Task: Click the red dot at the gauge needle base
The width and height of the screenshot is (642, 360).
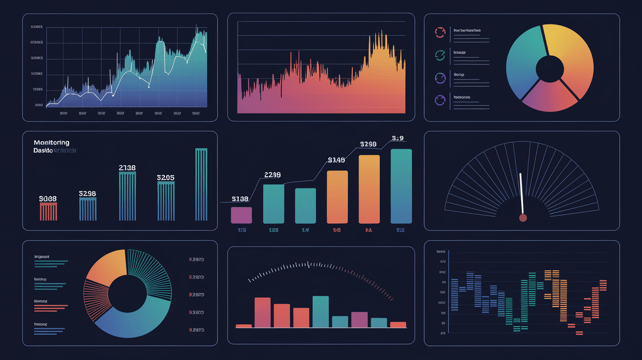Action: [523, 217]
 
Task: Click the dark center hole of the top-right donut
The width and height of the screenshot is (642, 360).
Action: [550, 68]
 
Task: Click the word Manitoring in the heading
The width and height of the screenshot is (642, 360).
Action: [51, 143]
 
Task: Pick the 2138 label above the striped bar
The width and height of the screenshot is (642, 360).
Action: [127, 168]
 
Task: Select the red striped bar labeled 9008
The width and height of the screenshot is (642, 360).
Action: [48, 212]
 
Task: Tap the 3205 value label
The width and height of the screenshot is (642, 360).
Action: [165, 178]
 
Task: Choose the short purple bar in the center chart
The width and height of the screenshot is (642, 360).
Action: [241, 215]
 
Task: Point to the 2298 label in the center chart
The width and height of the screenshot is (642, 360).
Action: [273, 175]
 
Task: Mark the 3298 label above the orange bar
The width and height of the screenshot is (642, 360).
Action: [368, 144]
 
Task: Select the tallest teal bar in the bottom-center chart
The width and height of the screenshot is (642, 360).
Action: [321, 312]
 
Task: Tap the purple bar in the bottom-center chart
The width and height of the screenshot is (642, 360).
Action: [359, 319]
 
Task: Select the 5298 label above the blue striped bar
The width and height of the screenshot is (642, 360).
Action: [87, 194]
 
